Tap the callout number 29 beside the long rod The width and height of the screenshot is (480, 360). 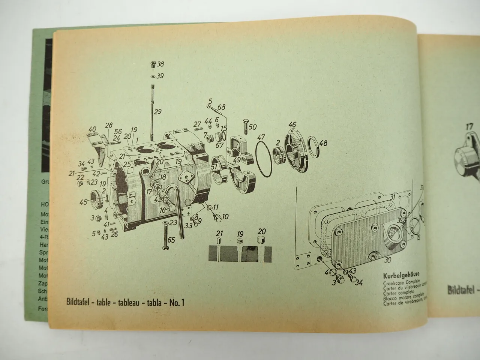[x=157, y=111]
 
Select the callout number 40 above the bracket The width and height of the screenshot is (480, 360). [x=92, y=129]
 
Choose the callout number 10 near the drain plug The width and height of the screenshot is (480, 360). [x=225, y=216]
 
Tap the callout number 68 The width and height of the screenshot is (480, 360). [x=221, y=108]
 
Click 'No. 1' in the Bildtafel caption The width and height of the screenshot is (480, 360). [x=177, y=303]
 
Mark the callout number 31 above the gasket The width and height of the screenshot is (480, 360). [x=392, y=196]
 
